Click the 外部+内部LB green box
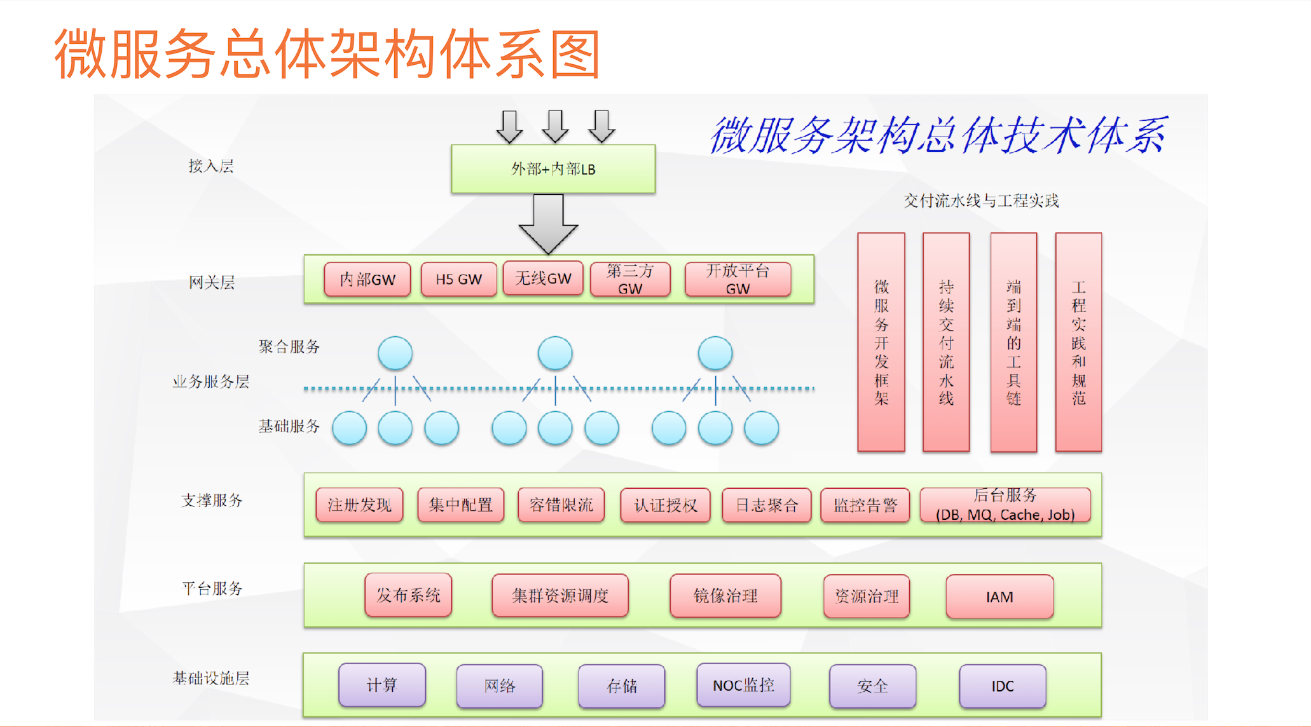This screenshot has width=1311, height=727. tap(553, 169)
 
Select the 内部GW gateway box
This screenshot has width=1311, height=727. tap(367, 279)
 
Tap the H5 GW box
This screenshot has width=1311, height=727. tap(458, 279)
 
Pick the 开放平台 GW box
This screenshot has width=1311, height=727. tap(738, 279)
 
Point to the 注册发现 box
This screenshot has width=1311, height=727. tap(359, 505)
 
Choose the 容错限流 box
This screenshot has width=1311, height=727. tap(561, 505)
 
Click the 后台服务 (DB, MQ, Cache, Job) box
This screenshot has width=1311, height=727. tap(1005, 505)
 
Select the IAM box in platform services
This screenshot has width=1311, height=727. tap(999, 597)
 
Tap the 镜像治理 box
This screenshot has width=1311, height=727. tap(725, 596)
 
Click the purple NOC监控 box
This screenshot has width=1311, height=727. tap(743, 685)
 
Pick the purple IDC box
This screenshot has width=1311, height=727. tap(1002, 686)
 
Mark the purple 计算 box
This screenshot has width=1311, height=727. tap(381, 685)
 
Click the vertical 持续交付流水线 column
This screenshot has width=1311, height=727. tap(946, 342)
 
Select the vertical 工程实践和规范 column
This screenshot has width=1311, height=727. tap(1078, 342)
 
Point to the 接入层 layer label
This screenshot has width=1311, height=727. tap(211, 166)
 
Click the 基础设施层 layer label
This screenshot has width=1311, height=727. tap(211, 678)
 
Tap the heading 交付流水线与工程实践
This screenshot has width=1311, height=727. tap(981, 201)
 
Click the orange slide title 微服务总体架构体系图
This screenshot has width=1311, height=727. tap(327, 54)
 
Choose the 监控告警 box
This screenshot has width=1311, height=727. tap(865, 505)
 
